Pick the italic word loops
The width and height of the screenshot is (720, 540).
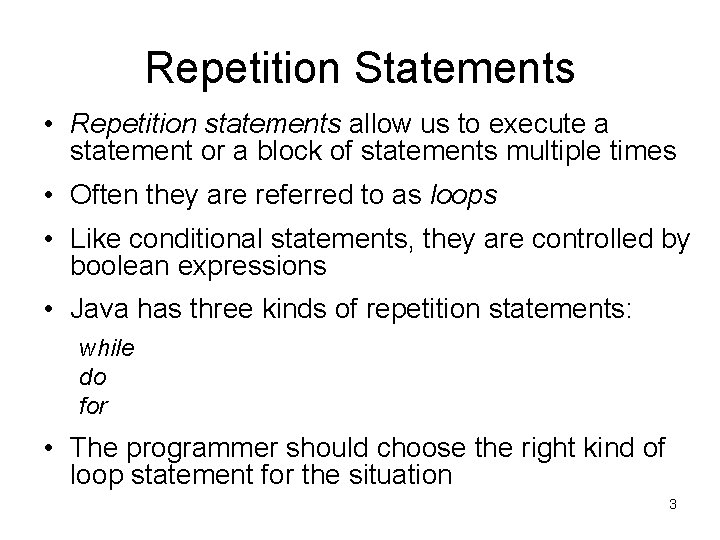(462, 196)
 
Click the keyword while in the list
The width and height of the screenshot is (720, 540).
(106, 349)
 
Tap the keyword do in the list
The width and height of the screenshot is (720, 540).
(92, 378)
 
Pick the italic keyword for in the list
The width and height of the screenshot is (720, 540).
(93, 407)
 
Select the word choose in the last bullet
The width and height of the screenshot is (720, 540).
(444, 449)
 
